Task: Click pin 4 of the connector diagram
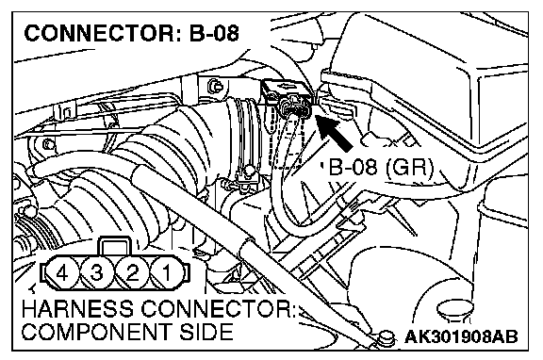click(62, 272)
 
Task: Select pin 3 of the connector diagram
click(97, 272)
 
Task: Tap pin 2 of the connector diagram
click(132, 272)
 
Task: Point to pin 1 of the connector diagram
click(167, 272)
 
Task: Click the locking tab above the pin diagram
click(115, 247)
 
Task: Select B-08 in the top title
click(214, 34)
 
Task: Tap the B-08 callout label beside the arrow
click(353, 167)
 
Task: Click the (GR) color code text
click(409, 168)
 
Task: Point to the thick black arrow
click(334, 132)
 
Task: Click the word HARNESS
click(77, 308)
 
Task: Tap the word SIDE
click(206, 332)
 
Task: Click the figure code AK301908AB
click(461, 336)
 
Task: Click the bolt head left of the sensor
click(215, 86)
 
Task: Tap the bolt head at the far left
click(48, 143)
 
